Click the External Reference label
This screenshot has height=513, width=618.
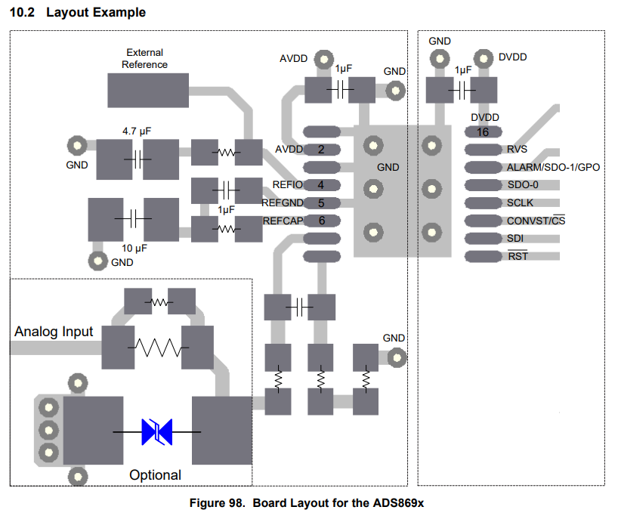click(x=144, y=59)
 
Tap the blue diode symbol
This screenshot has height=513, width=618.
click(x=156, y=431)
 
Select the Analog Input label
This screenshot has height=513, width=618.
click(x=54, y=332)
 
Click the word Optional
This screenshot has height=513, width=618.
click(x=155, y=475)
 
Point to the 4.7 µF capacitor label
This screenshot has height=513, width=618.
click(x=137, y=131)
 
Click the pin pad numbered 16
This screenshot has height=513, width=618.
click(x=482, y=131)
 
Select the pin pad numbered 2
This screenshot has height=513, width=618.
click(x=321, y=150)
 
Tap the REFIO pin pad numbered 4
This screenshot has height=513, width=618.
click(x=321, y=185)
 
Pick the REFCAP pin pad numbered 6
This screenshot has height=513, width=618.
click(x=321, y=221)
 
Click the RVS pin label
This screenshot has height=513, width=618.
click(x=518, y=150)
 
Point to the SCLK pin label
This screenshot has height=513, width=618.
click(x=521, y=203)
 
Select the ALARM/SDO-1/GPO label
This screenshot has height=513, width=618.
click(x=553, y=167)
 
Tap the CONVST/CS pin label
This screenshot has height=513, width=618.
click(x=536, y=221)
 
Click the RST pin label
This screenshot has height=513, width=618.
click(x=518, y=257)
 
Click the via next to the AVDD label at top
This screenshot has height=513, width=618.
click(x=323, y=58)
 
